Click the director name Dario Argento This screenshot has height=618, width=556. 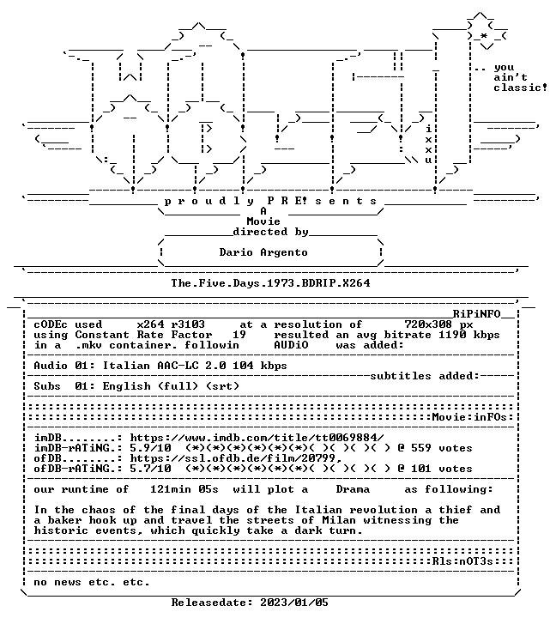pos(263,252)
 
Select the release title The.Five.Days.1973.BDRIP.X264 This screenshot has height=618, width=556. pos(270,283)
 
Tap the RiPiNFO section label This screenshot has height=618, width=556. pos(476,314)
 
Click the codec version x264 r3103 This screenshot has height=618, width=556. pos(171,324)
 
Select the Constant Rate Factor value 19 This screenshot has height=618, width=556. pos(239,335)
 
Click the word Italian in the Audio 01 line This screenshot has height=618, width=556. pos(126,366)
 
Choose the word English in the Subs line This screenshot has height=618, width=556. pos(126,386)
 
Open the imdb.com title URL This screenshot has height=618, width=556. pos(257,438)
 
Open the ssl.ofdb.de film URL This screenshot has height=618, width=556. pos(236,458)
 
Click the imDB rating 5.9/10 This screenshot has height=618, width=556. pos(150,448)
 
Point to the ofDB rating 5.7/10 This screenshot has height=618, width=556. pos(150,469)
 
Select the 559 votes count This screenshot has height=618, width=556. pos(442,448)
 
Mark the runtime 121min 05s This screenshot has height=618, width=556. pos(184,489)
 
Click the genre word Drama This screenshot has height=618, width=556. pos(353,489)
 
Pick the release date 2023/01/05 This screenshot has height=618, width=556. pos(294,603)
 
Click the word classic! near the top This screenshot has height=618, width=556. pos(521,87)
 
